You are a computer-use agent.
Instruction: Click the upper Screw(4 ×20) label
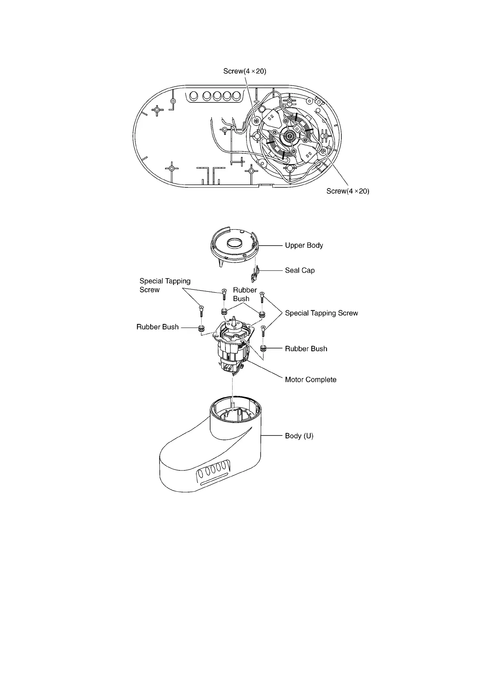(x=245, y=71)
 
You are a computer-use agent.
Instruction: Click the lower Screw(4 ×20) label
(x=347, y=191)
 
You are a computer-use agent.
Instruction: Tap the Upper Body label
(x=304, y=245)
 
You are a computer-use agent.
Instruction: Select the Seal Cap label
(x=300, y=271)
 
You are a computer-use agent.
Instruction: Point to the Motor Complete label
(x=310, y=380)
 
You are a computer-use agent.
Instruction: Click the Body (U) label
(x=299, y=436)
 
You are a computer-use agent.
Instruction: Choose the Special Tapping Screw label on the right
(x=321, y=313)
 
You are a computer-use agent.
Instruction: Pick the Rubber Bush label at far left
(x=157, y=327)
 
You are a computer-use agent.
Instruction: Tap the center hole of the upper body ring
(x=235, y=243)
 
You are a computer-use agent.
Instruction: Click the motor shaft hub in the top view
(x=289, y=137)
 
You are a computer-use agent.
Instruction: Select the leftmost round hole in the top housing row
(x=193, y=96)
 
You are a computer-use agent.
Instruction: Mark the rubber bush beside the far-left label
(x=202, y=329)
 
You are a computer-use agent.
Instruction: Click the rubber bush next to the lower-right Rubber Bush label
(x=264, y=348)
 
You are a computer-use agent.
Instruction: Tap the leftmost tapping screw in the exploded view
(x=201, y=312)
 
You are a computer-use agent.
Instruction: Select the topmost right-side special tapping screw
(x=262, y=297)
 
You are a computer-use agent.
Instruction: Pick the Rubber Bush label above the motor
(x=245, y=294)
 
